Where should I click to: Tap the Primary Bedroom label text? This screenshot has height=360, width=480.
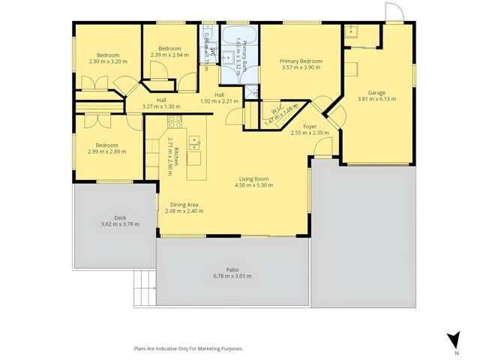click(301, 61)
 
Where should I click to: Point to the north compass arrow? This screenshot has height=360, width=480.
click(451, 340)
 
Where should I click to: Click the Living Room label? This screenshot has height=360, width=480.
click(254, 178)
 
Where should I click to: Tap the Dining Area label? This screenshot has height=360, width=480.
click(184, 205)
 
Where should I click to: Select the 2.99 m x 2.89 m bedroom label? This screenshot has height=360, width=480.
click(106, 151)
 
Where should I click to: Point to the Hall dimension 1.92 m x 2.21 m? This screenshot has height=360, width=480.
click(220, 101)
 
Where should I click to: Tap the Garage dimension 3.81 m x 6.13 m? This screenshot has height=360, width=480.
click(376, 99)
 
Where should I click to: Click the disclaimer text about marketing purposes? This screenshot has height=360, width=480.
click(187, 349)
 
